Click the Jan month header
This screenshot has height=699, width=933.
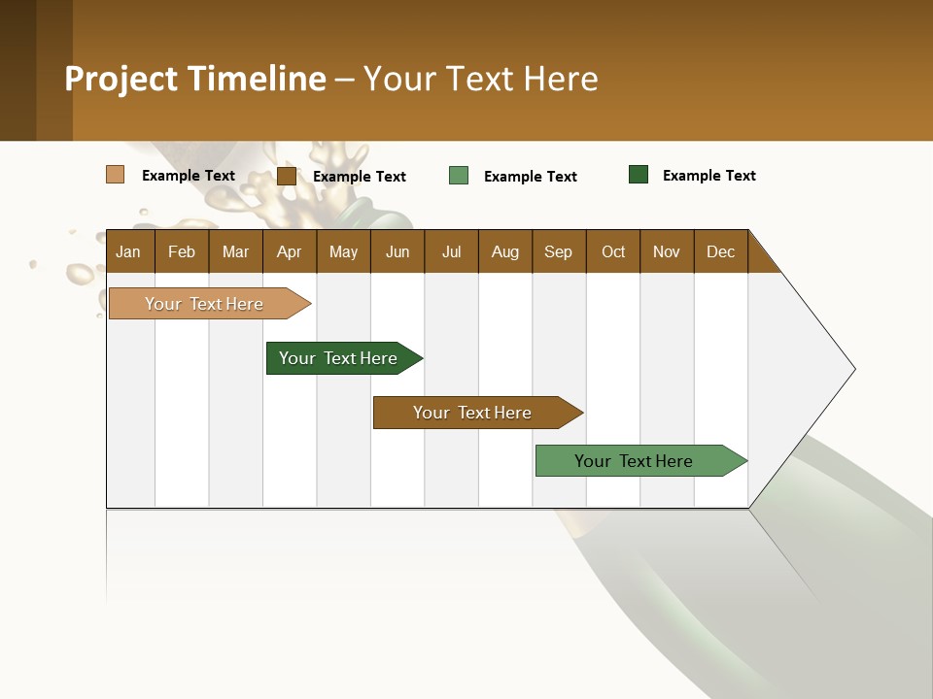coord(128,251)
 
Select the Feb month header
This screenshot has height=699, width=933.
coord(182,251)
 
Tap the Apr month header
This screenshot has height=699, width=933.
coord(289,251)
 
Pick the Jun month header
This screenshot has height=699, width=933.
coord(397,251)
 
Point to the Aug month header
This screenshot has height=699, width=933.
coord(504,251)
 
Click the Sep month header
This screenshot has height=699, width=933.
coord(558,251)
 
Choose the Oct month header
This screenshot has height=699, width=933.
coord(613,251)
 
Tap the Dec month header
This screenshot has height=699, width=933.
coord(720,251)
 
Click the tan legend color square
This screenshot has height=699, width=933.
coord(116,175)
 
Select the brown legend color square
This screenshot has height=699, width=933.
coord(287,176)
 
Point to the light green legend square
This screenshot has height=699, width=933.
coord(459,176)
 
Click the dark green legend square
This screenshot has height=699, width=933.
coord(639,175)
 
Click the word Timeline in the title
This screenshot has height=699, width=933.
coord(257,79)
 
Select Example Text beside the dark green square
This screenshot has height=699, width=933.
coord(708,176)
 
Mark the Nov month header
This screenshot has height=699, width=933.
coord(667,251)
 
